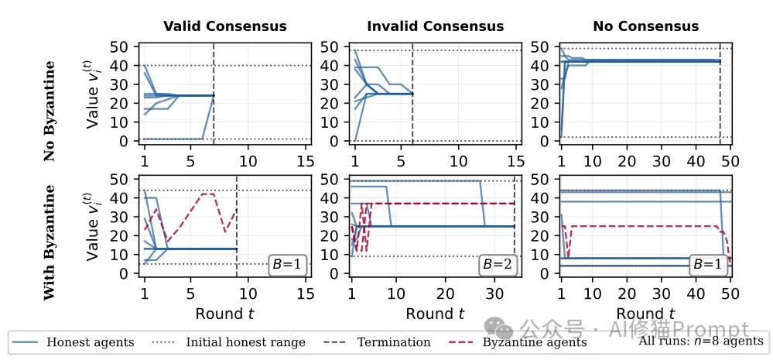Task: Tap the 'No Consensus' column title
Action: tap(645, 27)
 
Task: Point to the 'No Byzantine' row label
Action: tap(50, 111)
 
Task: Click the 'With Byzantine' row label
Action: tap(50, 242)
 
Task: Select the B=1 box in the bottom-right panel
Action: tap(708, 264)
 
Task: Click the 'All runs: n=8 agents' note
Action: tap(700, 341)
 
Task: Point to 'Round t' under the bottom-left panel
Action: tap(224, 313)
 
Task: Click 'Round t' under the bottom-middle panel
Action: tap(434, 313)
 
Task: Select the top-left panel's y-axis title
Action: tap(94, 98)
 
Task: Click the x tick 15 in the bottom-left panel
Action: tap(305, 294)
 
